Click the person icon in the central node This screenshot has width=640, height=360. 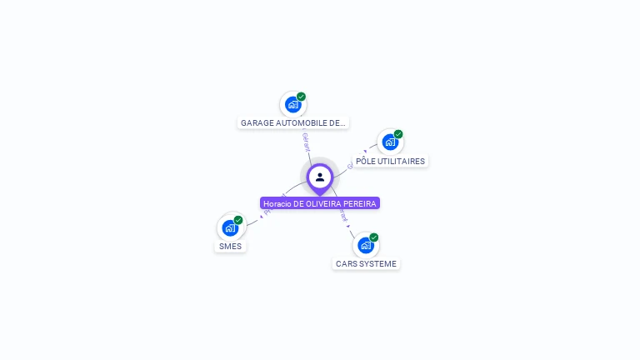320,177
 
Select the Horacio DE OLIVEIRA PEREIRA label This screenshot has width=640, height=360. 320,203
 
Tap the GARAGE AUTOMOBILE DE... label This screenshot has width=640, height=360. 292,123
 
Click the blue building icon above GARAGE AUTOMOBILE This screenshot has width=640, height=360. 292,104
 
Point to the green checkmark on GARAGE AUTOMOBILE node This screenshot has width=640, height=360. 302,97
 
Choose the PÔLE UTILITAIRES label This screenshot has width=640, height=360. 390,162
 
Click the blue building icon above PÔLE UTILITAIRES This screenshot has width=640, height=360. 390,142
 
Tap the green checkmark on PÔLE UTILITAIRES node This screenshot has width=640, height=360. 398,134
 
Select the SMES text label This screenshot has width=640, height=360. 230,247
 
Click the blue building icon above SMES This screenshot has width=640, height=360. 230,227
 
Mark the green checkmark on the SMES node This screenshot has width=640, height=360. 238,220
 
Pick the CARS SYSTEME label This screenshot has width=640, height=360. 366,264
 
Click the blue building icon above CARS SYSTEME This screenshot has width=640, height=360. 366,245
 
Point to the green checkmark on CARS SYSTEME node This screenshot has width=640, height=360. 374,237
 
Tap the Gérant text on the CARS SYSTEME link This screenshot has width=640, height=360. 344,214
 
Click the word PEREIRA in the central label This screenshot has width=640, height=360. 361,203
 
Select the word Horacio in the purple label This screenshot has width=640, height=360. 277,203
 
